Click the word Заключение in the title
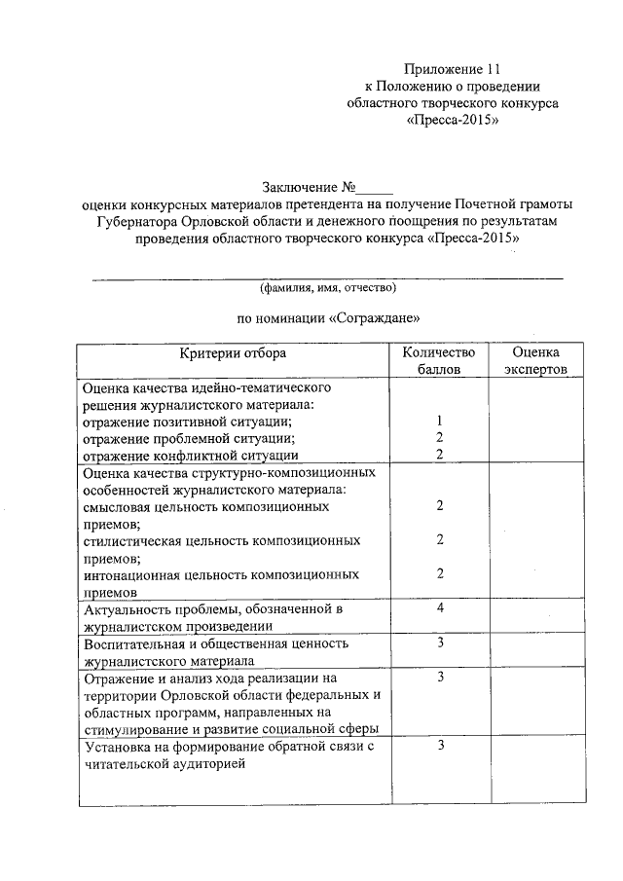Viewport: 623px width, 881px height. [x=296, y=187]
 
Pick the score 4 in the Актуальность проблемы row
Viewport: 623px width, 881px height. [x=440, y=608]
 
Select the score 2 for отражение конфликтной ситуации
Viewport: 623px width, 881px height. [x=440, y=455]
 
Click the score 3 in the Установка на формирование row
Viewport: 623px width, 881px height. [x=440, y=746]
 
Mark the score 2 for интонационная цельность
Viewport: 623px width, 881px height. [x=440, y=573]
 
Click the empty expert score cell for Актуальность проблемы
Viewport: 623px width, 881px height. [x=534, y=617]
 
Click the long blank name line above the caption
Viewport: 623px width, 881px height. [x=327, y=277]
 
